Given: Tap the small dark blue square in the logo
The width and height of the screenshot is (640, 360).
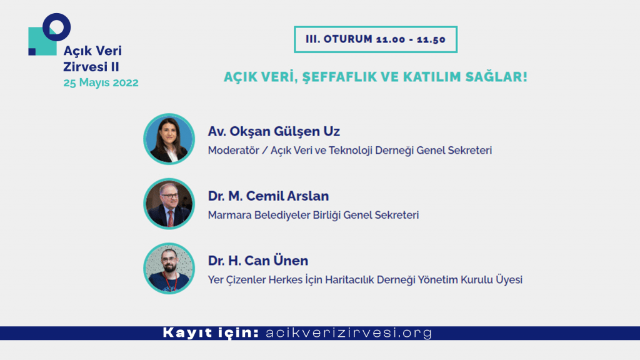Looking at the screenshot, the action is click(x=32, y=52).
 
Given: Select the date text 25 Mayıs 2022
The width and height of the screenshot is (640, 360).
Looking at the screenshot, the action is click(x=101, y=82).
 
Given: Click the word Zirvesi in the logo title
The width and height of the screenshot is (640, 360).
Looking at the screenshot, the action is click(x=85, y=66).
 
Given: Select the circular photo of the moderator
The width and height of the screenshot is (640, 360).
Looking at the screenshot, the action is click(x=169, y=139).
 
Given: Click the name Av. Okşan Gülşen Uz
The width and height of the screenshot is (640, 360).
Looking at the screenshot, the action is click(x=274, y=131).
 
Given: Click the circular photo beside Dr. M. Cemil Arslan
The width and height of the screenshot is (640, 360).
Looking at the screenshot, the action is click(x=169, y=204).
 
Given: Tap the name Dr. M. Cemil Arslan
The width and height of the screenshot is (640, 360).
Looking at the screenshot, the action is click(x=269, y=196).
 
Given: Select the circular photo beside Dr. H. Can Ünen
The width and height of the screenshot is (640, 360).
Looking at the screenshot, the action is click(x=169, y=269).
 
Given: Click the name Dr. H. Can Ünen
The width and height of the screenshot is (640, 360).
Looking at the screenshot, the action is click(x=258, y=261).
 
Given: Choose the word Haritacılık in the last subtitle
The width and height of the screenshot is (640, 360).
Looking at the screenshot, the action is click(x=349, y=280).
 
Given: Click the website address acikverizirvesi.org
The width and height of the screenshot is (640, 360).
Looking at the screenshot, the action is click(x=349, y=332).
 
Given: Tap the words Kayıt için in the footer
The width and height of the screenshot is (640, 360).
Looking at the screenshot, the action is click(x=211, y=332).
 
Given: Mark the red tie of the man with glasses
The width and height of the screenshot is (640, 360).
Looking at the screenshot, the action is click(x=171, y=218).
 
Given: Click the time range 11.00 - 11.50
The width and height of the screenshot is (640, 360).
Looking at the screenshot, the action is click(x=411, y=39).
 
